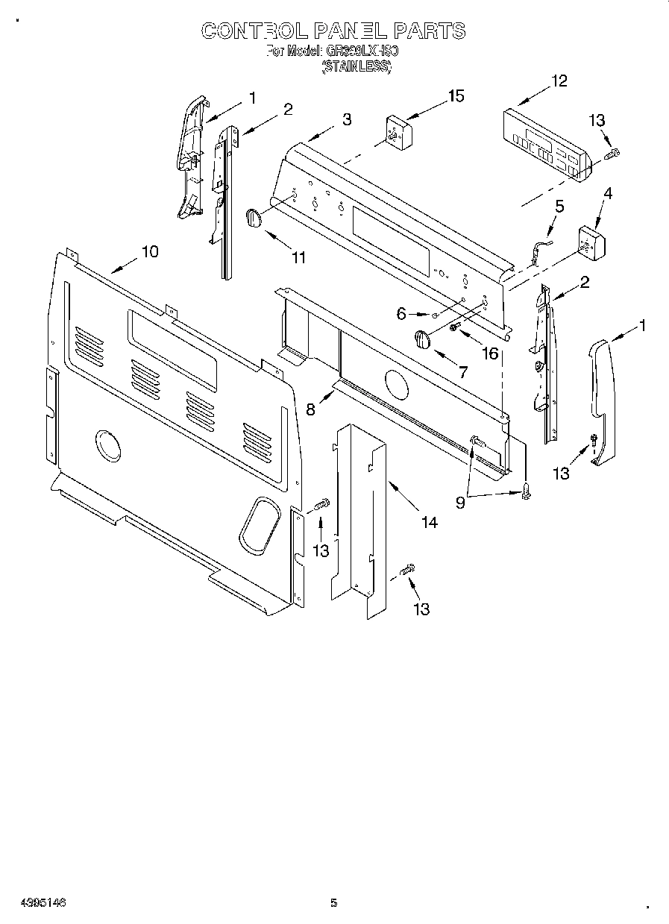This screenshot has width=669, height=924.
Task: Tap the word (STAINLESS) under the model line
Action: pos(357,66)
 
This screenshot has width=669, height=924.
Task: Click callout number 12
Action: pos(559,81)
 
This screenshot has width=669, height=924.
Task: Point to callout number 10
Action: pos(150,251)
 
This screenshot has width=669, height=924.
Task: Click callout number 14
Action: pos(429,522)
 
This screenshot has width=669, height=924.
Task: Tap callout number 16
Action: pos(490,353)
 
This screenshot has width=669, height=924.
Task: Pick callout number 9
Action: pos(460,503)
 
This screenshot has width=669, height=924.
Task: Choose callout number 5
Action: pos(559,206)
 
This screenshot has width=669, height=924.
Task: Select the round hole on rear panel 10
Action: pos(108,446)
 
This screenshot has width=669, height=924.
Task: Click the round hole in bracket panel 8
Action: pos(396,384)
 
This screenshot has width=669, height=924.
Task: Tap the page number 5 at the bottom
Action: pos(334,903)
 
